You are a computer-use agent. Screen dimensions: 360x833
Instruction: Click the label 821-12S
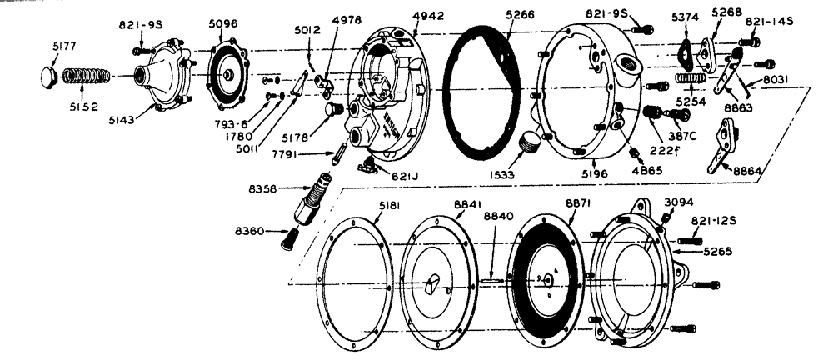711,221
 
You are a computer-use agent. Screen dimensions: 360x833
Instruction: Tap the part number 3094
677,202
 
